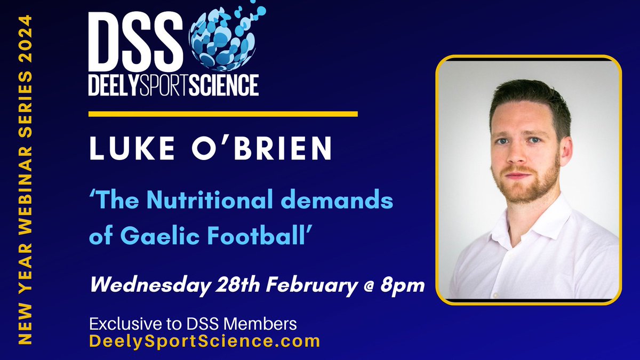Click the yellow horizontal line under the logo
[222, 114]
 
